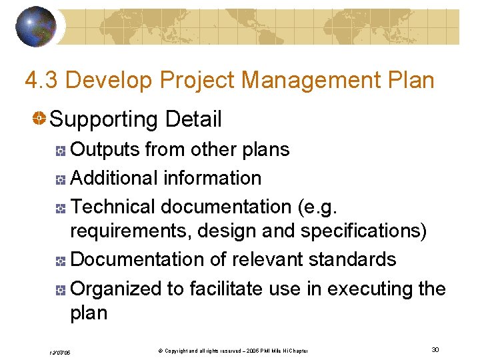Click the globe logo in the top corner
click(35, 26)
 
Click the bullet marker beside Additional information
click(60, 179)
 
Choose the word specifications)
click(363, 231)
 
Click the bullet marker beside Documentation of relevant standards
click(60, 261)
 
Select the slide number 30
click(435, 350)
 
